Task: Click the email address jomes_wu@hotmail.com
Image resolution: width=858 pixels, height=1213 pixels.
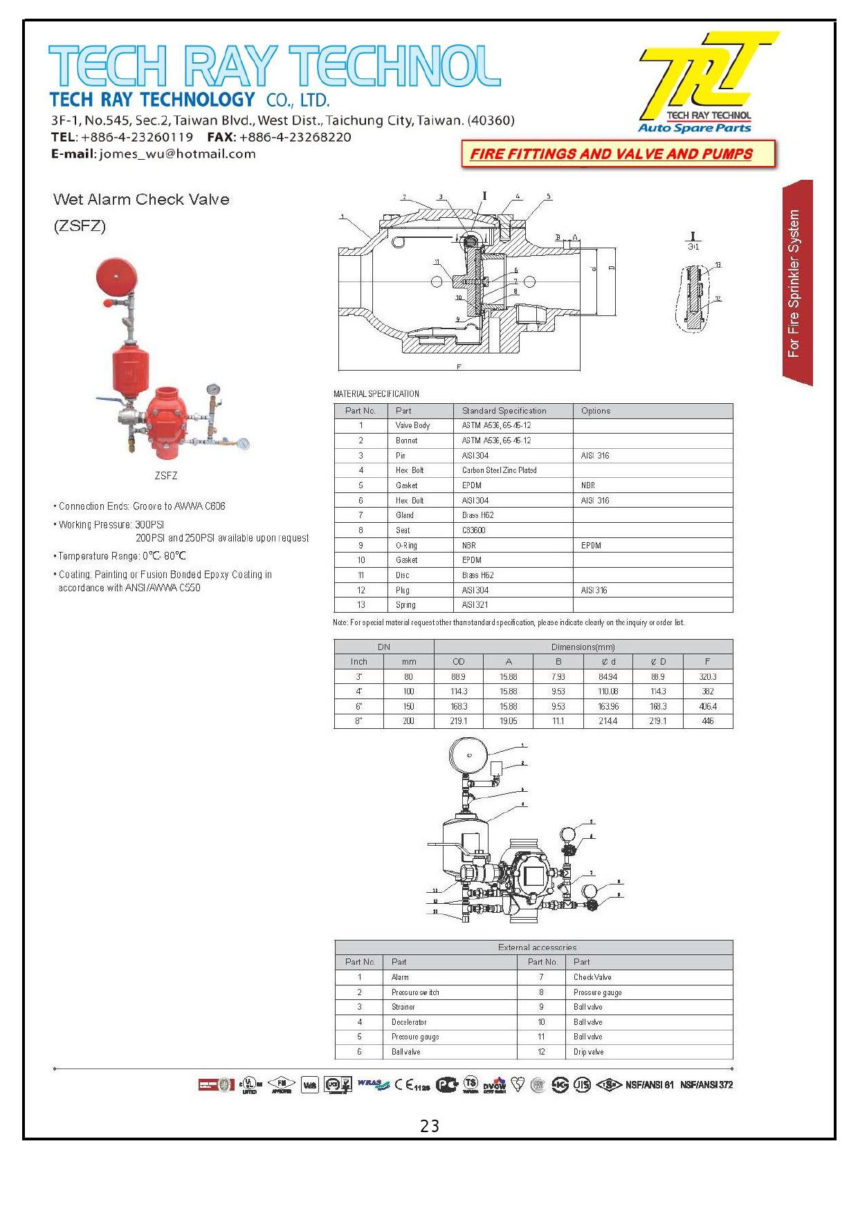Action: pos(177,154)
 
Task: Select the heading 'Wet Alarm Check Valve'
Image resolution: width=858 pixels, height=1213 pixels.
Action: pos(141,199)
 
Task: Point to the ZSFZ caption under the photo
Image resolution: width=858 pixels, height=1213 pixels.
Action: pos(166,476)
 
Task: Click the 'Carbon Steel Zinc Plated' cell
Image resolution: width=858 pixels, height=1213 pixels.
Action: pos(499,470)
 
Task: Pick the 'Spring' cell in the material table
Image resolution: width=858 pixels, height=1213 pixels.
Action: pos(405,604)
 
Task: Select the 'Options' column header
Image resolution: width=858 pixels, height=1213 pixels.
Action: pos(595,411)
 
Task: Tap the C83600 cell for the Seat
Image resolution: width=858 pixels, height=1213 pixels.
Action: pos(474,530)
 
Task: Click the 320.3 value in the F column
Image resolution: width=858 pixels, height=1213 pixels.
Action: pos(707,677)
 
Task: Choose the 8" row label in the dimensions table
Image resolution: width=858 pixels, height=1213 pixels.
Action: pos(358,721)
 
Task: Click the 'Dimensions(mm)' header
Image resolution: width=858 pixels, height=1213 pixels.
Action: pos(583,647)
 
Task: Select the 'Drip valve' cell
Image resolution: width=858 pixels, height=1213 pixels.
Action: pos(588,1051)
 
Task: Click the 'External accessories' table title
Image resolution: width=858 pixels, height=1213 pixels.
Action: pos(537,947)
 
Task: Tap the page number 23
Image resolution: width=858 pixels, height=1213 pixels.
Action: pos(430,1127)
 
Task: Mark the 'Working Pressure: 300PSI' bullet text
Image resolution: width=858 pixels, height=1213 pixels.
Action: pos(111,524)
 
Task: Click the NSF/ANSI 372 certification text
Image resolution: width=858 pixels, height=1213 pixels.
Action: pos(706,1084)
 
